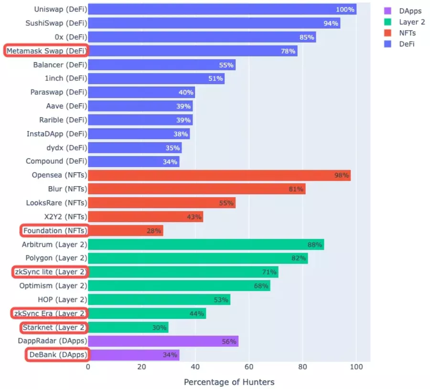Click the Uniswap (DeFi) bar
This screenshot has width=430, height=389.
coord(222,9)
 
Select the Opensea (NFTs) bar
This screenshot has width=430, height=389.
coord(219,175)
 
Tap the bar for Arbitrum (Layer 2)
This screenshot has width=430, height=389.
coord(206,245)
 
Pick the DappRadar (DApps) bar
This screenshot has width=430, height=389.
coord(163,341)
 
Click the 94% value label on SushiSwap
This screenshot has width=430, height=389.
coord(331,23)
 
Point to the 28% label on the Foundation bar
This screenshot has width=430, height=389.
coord(154,231)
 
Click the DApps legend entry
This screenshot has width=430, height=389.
coord(410,11)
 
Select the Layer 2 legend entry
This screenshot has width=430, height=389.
coord(412,22)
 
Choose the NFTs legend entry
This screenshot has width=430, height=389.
coord(407,33)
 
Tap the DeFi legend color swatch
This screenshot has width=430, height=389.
coord(388,44)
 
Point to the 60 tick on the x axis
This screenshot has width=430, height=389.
coord(249,367)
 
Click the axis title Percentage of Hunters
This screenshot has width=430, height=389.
coord(229,382)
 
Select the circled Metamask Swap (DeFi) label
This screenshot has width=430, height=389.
coord(47,51)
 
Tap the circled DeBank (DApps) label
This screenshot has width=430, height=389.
coord(57,355)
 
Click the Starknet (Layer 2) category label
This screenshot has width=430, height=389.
coord(55,327)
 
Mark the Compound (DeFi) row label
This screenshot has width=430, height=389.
coord(56,161)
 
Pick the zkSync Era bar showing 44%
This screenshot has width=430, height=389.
coord(147,313)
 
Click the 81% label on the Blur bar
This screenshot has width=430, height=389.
coord(296,189)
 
